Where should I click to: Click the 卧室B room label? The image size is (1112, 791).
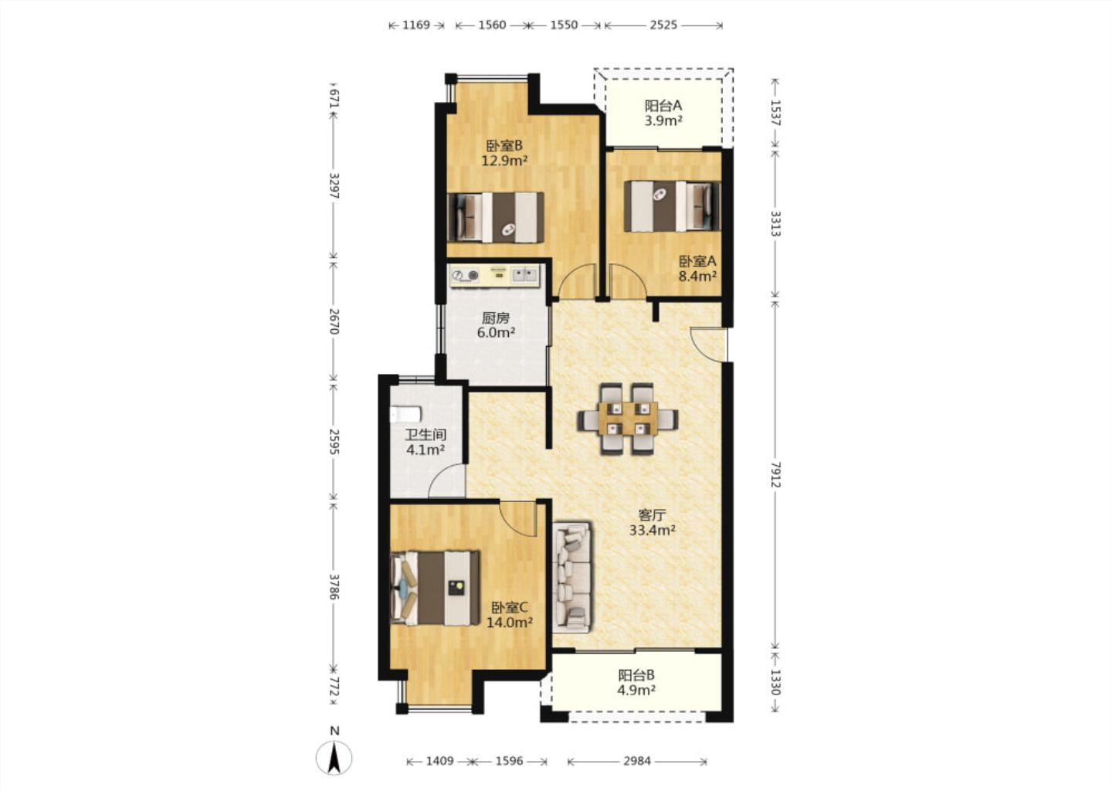click(503, 146)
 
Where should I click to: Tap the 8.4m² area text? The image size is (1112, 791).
click(697, 276)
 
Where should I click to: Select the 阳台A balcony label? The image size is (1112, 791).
click(663, 106)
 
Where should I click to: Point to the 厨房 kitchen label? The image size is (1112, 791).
click(496, 317)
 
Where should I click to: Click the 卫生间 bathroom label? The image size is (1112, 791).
click(425, 435)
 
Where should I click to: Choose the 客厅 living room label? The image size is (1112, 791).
click(652, 515)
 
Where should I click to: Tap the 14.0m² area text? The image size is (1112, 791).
click(510, 622)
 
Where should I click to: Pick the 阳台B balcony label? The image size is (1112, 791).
click(636, 675)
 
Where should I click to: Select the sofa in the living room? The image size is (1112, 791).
click(573, 576)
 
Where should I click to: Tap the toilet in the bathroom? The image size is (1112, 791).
click(405, 413)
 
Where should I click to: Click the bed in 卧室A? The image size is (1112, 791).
click(672, 206)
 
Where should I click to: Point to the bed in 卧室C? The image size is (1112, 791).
click(435, 588)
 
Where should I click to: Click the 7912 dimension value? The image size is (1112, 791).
click(775, 475)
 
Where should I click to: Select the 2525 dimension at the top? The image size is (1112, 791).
click(663, 25)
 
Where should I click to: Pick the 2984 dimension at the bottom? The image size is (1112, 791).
click(637, 761)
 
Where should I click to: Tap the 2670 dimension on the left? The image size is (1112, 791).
click(334, 321)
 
